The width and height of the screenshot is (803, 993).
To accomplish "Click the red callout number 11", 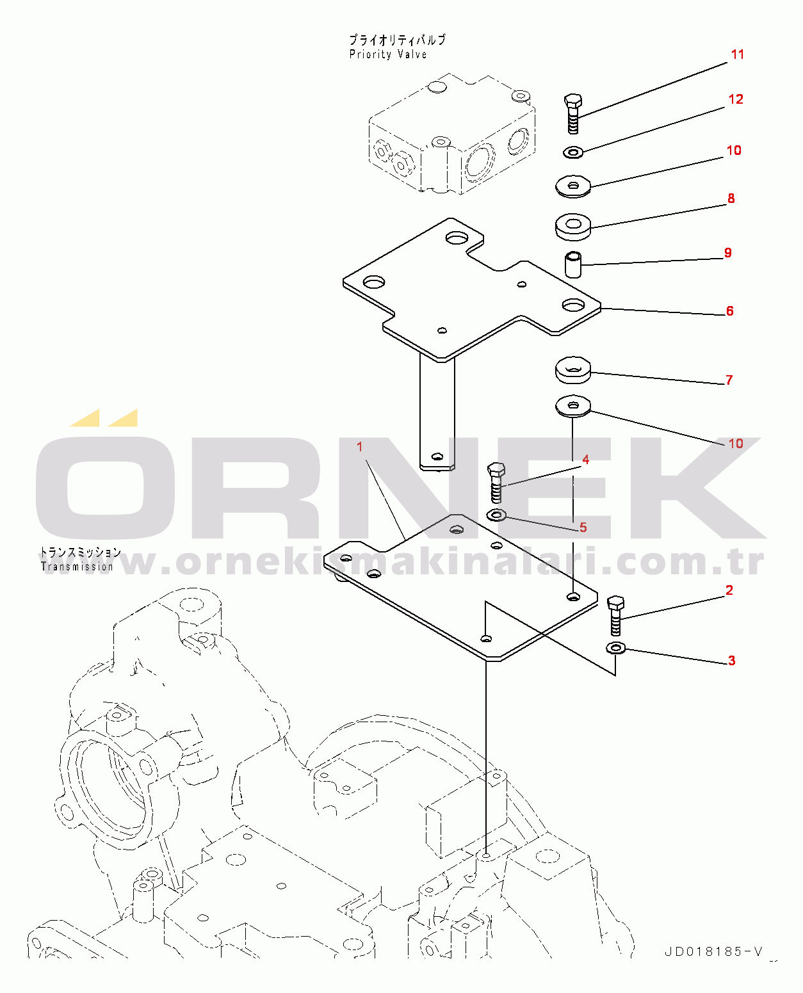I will click(x=738, y=54).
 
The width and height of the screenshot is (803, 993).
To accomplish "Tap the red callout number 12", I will click(x=736, y=99).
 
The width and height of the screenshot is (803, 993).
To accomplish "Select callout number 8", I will click(x=731, y=198).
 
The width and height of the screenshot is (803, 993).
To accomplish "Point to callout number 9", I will click(x=727, y=253).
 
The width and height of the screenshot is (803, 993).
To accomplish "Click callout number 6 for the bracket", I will click(x=729, y=311).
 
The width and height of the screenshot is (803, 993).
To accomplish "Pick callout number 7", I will click(x=729, y=380).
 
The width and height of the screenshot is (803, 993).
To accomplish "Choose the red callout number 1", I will click(x=360, y=446).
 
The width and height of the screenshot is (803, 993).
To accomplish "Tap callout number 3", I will click(x=731, y=661).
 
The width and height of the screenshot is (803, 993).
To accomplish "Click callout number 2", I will click(x=729, y=590).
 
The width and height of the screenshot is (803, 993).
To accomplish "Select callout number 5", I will click(x=583, y=528).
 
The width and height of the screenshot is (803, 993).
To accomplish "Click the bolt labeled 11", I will click(x=573, y=113).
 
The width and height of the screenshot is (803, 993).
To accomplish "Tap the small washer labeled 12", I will click(x=572, y=152).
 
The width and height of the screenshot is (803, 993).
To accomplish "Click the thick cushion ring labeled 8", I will click(x=573, y=226).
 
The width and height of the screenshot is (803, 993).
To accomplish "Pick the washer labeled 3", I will click(x=615, y=649).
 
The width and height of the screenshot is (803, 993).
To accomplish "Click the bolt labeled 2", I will click(x=615, y=615).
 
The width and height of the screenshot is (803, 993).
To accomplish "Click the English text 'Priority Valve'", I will click(x=388, y=55).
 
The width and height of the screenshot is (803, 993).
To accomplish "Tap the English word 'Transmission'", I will click(x=77, y=567).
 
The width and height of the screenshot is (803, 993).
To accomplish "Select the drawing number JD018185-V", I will click(x=713, y=952).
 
